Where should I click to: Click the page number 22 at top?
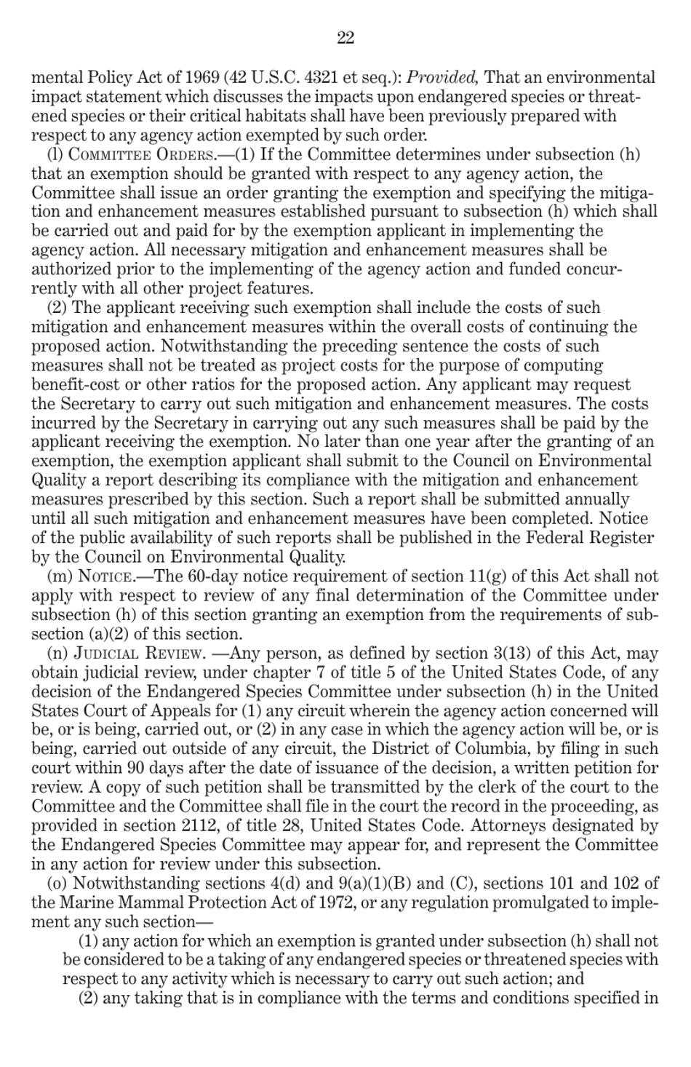click(x=345, y=39)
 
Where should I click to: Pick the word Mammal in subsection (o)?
click(x=158, y=903)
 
